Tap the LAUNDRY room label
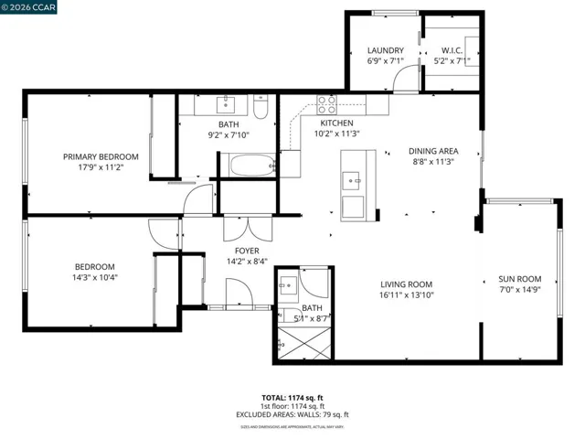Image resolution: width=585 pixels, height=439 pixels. (x=385, y=50)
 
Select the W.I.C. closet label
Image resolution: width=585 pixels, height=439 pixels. (x=452, y=50)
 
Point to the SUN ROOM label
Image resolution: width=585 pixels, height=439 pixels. (x=519, y=280)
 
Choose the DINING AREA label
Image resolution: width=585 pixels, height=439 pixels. (x=433, y=151)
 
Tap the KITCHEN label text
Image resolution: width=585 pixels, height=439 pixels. (x=336, y=123)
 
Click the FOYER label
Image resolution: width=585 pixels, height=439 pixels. (x=247, y=251)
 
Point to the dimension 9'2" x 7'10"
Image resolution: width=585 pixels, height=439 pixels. (x=228, y=135)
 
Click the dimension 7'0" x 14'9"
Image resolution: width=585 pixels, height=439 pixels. (x=519, y=291)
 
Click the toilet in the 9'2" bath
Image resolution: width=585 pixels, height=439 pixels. (x=260, y=111)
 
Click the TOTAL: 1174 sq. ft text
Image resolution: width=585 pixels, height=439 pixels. (x=292, y=398)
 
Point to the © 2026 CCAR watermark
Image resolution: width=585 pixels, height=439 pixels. (x=29, y=7)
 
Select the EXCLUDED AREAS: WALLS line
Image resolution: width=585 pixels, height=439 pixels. (x=292, y=414)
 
